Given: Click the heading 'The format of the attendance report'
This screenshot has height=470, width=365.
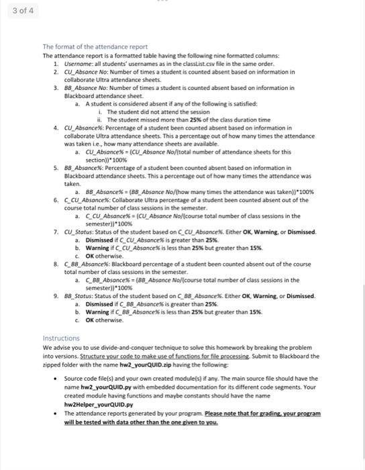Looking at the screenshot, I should point(95,46).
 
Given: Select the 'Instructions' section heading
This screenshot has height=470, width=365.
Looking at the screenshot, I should point(61,338).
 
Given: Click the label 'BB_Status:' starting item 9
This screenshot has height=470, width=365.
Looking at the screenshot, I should point(80,295).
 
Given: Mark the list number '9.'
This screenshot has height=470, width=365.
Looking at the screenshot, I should point(56,295).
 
